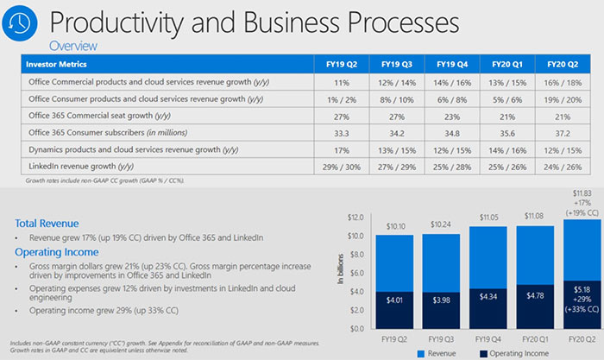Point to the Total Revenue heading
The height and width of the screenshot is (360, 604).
tap(47, 222)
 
